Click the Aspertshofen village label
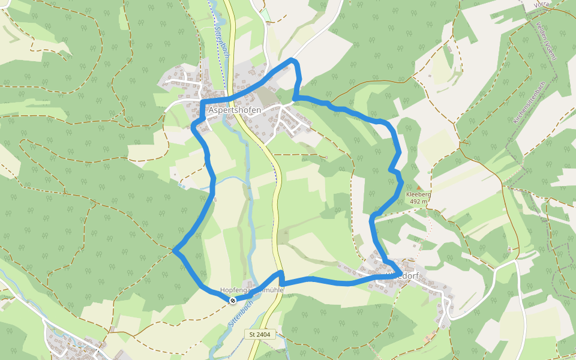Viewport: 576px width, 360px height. click(x=235, y=110)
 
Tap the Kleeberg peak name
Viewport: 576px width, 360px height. click(x=419, y=195)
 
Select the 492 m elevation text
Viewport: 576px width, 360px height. click(x=419, y=202)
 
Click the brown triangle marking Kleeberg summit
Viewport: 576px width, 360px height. click(x=419, y=188)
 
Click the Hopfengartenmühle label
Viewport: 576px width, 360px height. click(x=251, y=289)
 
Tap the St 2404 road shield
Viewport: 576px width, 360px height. click(x=260, y=334)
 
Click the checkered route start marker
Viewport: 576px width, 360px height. click(x=232, y=300)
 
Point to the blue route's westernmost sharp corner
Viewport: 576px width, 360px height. click(x=174, y=250)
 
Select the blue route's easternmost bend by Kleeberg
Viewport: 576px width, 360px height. click(x=401, y=182)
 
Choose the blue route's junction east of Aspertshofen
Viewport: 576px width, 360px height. click(x=295, y=97)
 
